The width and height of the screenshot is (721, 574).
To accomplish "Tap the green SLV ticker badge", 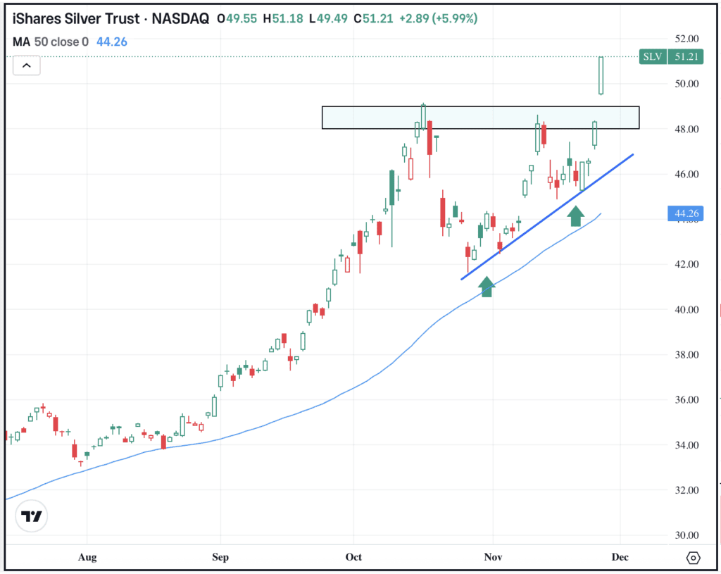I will pyautogui.click(x=652, y=57).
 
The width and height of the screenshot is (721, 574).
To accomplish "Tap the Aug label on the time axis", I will pyautogui.click(x=87, y=557).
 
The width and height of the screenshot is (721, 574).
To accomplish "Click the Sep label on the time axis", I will pyautogui.click(x=220, y=557).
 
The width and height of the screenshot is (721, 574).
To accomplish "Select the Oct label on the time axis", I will pyautogui.click(x=353, y=557).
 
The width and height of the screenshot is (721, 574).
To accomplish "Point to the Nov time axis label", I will pyautogui.click(x=493, y=557).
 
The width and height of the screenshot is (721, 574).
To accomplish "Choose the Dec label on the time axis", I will pyautogui.click(x=620, y=557).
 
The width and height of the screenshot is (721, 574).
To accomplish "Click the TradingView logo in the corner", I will pyautogui.click(x=32, y=516).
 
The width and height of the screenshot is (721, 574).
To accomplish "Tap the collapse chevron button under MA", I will pyautogui.click(x=26, y=66).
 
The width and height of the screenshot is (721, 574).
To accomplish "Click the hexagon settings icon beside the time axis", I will pyautogui.click(x=693, y=558).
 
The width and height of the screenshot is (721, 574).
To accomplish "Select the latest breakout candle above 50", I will pyautogui.click(x=601, y=75).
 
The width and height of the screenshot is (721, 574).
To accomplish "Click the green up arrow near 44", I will pyautogui.click(x=576, y=216).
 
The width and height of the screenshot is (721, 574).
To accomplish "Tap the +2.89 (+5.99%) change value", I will pyautogui.click(x=437, y=19).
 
